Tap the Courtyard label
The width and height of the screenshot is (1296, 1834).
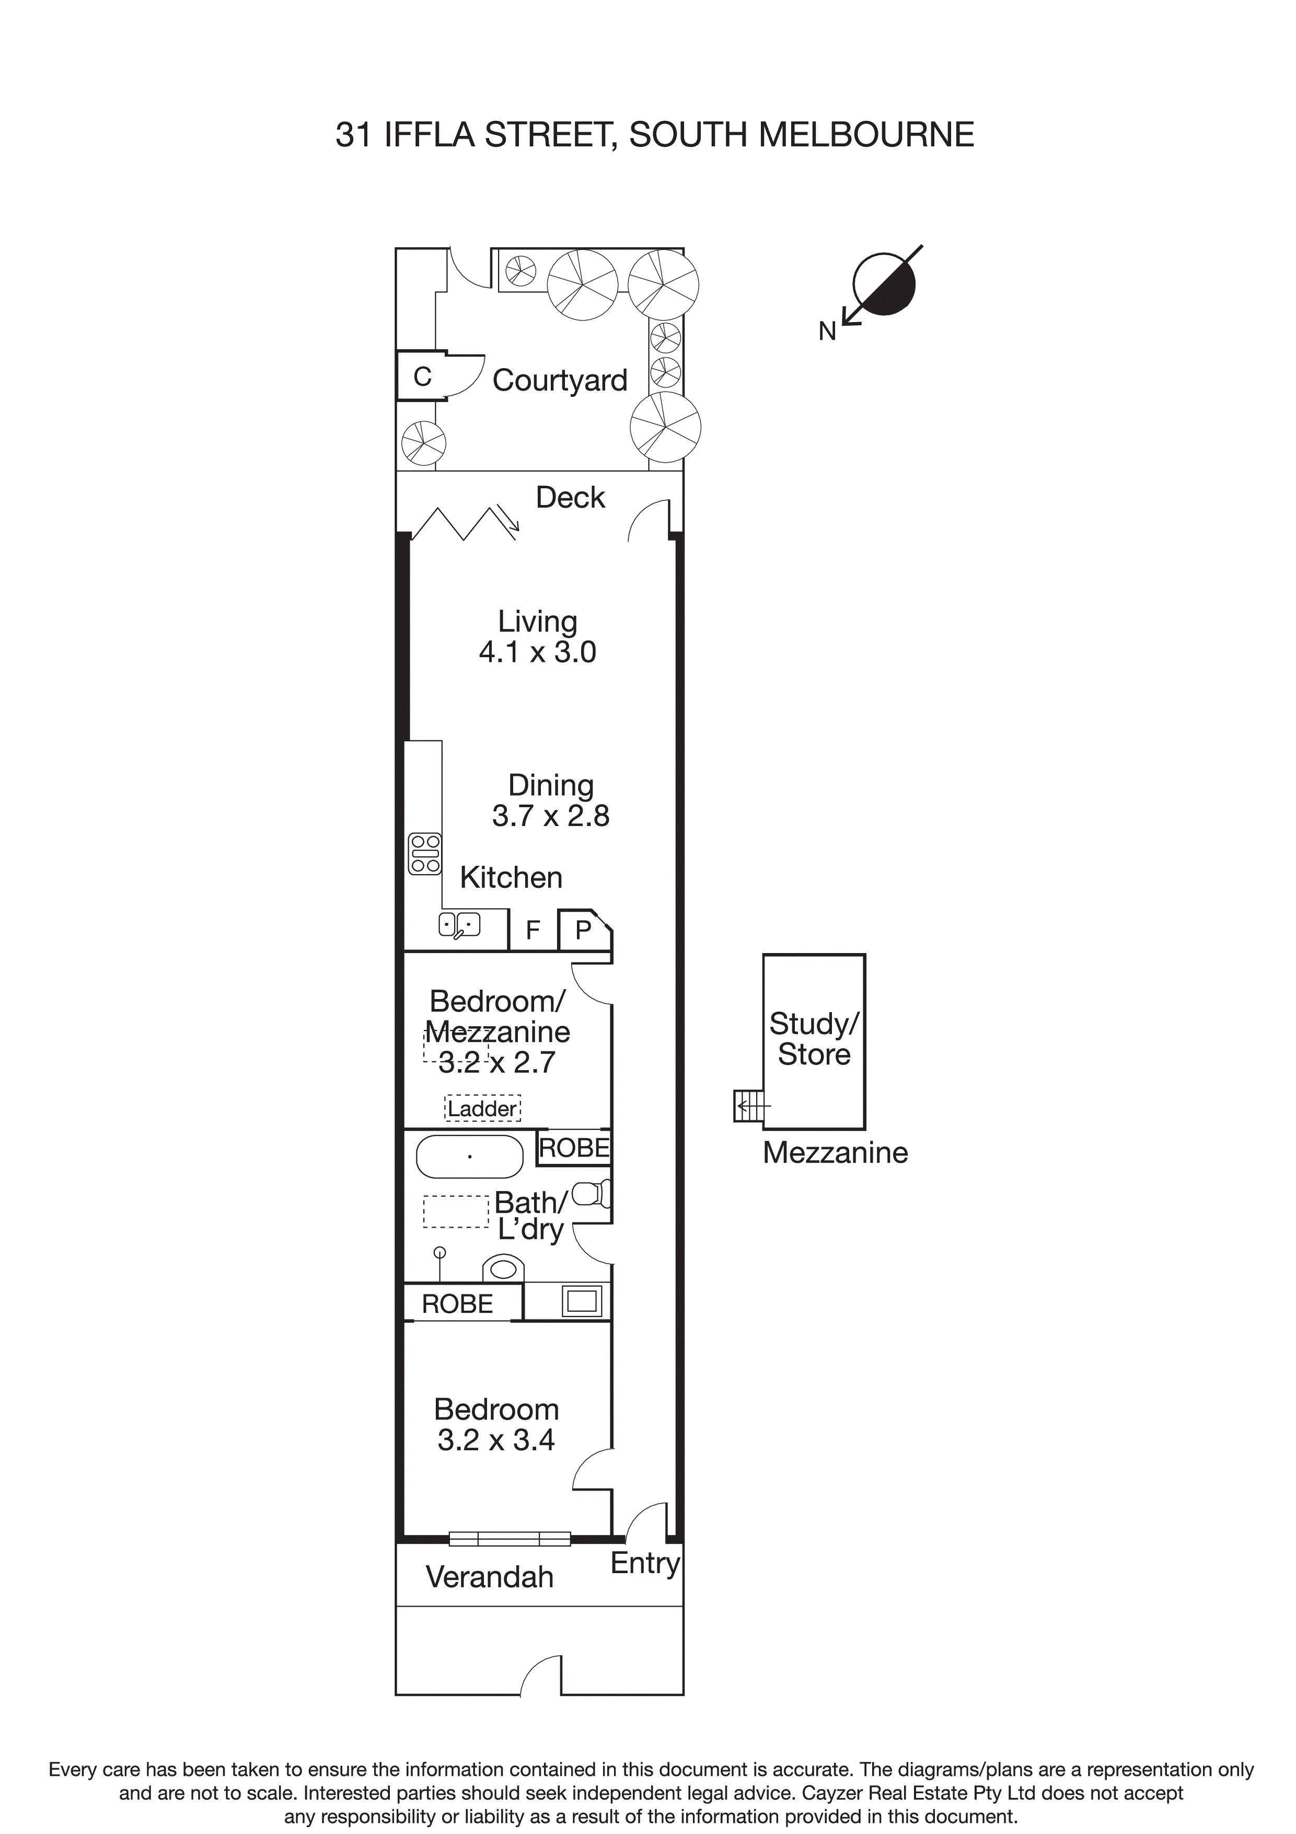[x=560, y=380]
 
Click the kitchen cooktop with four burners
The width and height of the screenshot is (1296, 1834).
[x=425, y=854]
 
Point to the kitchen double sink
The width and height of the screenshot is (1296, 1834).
[x=459, y=925]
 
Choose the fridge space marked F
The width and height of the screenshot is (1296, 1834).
[x=533, y=930]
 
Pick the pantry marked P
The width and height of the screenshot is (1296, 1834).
[x=584, y=930]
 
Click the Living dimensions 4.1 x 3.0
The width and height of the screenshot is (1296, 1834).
[x=537, y=652]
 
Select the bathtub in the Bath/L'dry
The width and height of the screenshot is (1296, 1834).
[x=469, y=1156]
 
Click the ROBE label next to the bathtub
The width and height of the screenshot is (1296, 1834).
[x=574, y=1148]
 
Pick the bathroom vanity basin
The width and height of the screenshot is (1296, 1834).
[x=504, y=1268]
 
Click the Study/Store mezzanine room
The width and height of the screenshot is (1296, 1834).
[x=814, y=1041]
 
